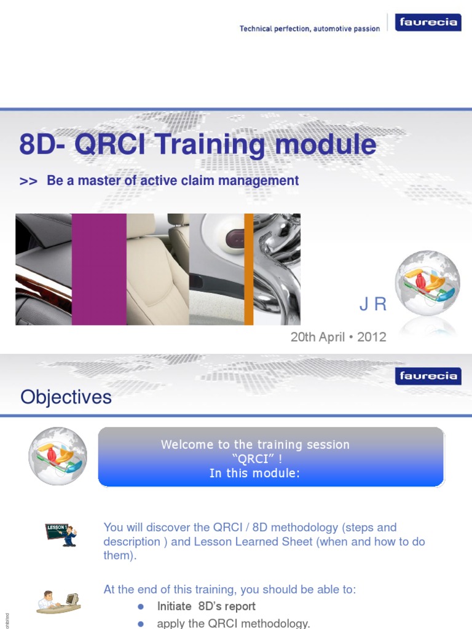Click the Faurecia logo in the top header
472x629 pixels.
428,23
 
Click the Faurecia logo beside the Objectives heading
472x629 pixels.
428,376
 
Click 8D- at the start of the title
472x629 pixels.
43,146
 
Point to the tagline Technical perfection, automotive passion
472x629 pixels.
310,29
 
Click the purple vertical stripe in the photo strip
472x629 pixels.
99,269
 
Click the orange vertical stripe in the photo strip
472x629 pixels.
248,269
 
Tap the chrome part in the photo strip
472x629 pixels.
278,269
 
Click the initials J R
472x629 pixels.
372,305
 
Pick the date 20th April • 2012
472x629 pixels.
338,337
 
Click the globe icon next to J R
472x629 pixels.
427,284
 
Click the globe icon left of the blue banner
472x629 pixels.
57,456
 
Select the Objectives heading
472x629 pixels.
66,397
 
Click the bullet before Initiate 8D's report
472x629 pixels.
141,606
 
